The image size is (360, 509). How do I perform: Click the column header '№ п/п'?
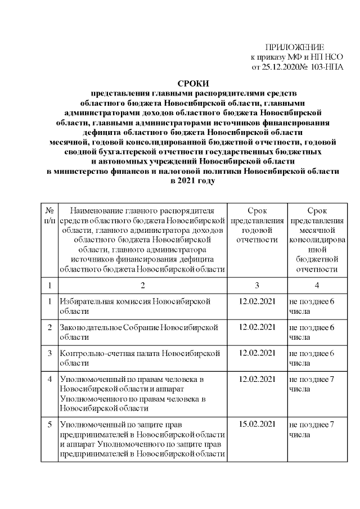click(49, 214)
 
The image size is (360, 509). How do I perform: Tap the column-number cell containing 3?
click(259, 285)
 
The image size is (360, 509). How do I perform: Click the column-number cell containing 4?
click(318, 285)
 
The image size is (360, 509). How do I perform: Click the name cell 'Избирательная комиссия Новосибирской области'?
click(135, 307)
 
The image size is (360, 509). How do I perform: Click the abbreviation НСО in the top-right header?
click(332, 57)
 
